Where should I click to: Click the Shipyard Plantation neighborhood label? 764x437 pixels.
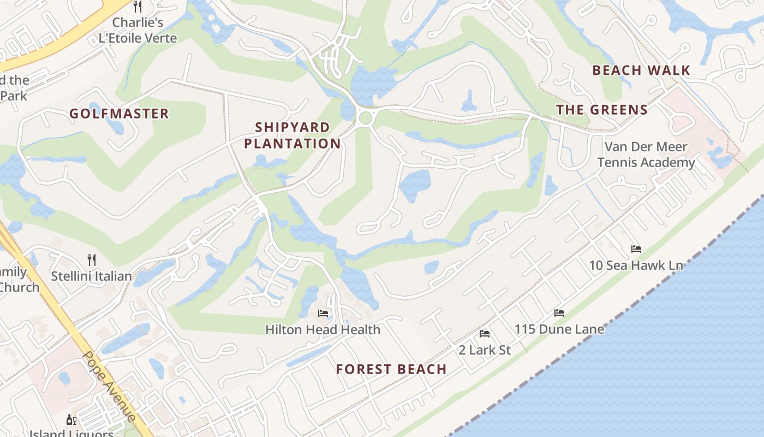[293, 135]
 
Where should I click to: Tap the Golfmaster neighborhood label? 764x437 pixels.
[119, 114]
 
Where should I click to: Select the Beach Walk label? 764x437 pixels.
[641, 70]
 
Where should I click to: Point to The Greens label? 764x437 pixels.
[602, 110]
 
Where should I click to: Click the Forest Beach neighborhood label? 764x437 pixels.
[391, 369]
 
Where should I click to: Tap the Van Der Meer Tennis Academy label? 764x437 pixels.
[646, 155]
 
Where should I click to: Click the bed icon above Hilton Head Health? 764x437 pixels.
[323, 314]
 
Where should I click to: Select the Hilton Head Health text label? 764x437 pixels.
[323, 329]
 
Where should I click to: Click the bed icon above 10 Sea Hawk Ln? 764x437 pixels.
[636, 249]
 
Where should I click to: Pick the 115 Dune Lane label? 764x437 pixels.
[559, 329]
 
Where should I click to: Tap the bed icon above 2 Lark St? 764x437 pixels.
[484, 334]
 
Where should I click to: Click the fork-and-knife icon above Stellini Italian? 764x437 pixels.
[92, 260]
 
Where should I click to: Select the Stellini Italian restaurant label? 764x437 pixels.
[92, 276]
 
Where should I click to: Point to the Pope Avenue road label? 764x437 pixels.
[109, 386]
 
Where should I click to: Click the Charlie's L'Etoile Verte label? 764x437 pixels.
[138, 31]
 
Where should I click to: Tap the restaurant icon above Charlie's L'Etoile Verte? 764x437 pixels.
[138, 7]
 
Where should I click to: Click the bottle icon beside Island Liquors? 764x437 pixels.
[71, 420]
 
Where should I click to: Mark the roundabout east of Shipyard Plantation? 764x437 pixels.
[365, 117]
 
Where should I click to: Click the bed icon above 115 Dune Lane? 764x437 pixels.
[559, 313]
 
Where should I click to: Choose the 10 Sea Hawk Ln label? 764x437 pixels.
[636, 265]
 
